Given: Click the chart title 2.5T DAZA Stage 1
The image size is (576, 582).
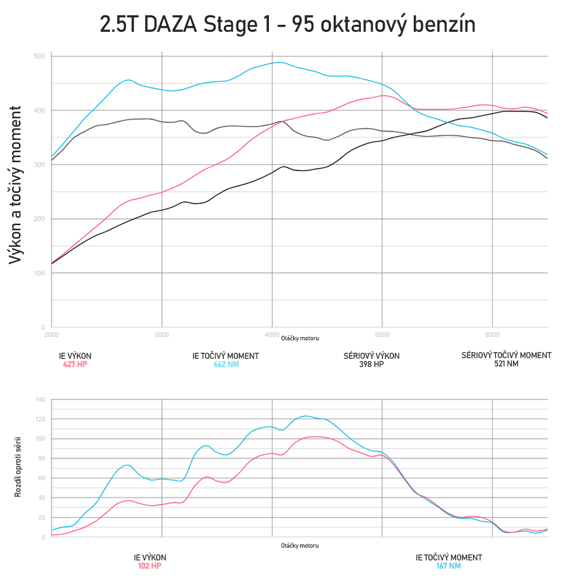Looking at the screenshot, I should pos(287,24).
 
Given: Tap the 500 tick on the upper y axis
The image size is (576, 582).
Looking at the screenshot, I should pos(39,57).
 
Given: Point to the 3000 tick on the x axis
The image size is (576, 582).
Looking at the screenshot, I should pos(161,334).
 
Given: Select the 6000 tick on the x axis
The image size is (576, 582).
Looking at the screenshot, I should pos(492,334).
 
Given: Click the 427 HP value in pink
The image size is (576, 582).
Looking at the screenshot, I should pos(75,364).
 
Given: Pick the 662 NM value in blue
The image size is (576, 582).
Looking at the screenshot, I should pos(225,364).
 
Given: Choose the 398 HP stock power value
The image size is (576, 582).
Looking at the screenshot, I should pos(371,364).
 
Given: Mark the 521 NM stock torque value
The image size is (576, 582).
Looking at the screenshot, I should pos(506,364).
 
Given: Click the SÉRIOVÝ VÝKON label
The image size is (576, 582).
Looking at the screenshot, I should pos(371,356).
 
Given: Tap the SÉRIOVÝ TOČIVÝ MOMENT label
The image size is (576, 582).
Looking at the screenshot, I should pos(506,356).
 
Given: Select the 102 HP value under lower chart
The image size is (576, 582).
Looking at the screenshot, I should pos(150,566).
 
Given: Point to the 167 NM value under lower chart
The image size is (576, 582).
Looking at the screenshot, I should pos(448,566).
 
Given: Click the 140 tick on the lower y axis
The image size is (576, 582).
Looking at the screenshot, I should pos(41,400).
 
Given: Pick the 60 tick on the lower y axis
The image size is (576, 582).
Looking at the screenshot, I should pos(42,478).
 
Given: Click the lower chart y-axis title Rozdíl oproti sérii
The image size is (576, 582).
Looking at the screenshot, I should pos(18,467).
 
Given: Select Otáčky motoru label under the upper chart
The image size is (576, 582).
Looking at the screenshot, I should pos(300,338).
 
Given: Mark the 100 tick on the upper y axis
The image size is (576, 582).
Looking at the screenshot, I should pos(39,274).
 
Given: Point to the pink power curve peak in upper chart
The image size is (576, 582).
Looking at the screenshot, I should pos(383,95).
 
